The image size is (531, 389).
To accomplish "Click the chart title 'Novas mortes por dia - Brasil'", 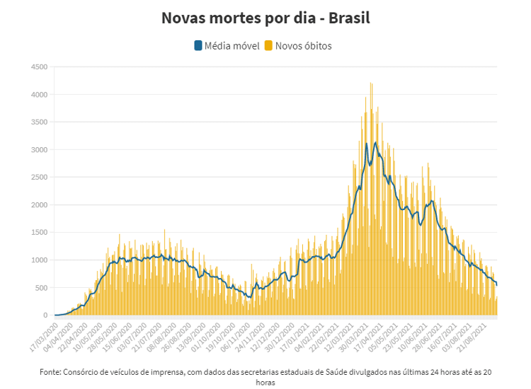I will (x=265, y=17).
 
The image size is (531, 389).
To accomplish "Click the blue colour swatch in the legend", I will (x=198, y=46).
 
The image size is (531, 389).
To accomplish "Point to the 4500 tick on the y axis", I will (x=38, y=67).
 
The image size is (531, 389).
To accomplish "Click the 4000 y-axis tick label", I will (x=38, y=95).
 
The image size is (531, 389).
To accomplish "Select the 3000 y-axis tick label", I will (x=38, y=150).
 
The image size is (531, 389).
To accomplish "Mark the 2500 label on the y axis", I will (x=38, y=178).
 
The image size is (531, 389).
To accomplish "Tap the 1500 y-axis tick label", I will (x=38, y=233).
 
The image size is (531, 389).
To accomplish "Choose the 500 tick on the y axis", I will (x=40, y=288).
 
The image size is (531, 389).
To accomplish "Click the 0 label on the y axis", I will (x=45, y=315).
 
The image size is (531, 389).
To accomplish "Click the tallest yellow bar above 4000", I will (x=370, y=83).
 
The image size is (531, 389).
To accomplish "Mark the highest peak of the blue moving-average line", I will (x=375, y=142).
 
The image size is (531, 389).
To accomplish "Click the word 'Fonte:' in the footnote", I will (x=51, y=372).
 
